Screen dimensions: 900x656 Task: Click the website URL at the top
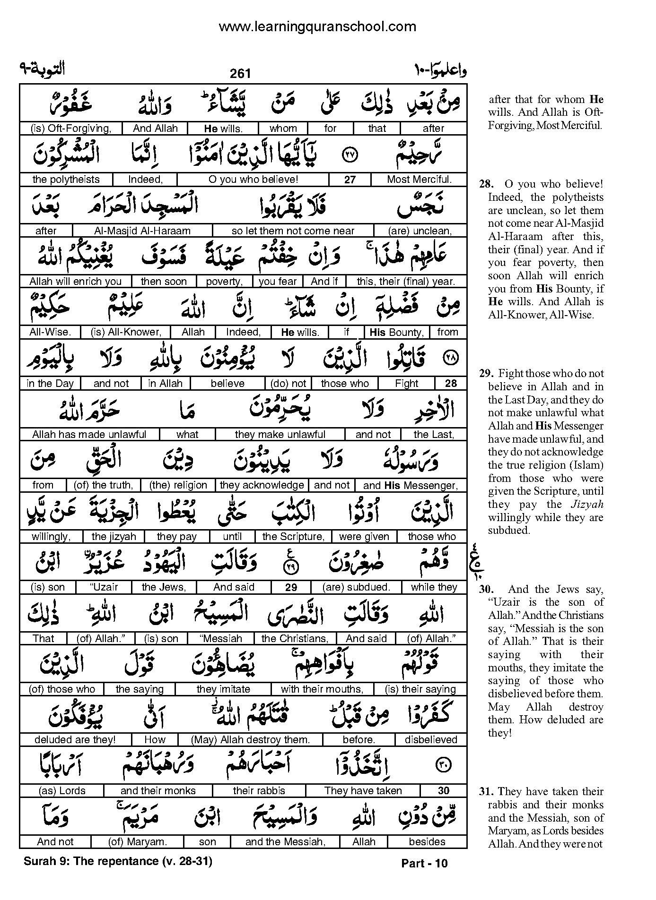coord(317,26)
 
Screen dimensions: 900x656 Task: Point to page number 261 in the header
coord(240,74)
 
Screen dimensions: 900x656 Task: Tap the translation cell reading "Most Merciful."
coord(419,180)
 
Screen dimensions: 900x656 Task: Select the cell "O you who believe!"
coord(253,180)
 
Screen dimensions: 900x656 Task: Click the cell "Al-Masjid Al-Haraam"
coord(142,231)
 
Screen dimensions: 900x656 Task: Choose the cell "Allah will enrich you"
coord(76,282)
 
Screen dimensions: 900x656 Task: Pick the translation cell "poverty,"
coord(224,282)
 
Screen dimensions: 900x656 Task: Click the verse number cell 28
coord(451,383)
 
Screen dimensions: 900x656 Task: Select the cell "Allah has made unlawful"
coord(89,435)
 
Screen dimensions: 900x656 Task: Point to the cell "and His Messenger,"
coord(410,485)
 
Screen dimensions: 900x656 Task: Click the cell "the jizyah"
coord(114,537)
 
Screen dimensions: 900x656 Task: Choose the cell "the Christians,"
coord(295,639)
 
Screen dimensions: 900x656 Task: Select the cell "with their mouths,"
coord(322,689)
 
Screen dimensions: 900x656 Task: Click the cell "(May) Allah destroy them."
coord(250,740)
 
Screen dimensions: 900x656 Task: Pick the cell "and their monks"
coord(158,791)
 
